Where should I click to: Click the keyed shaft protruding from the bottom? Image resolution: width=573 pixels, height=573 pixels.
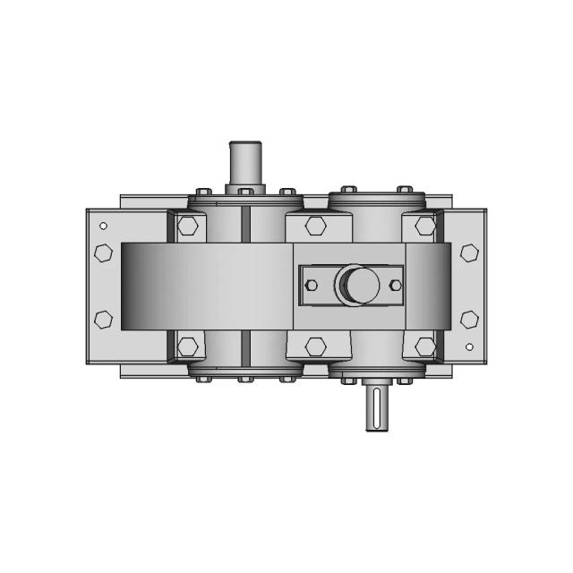[x=377, y=407]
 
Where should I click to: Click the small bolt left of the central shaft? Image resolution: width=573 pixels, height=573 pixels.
[x=312, y=286]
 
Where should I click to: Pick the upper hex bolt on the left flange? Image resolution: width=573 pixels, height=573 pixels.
[x=103, y=253]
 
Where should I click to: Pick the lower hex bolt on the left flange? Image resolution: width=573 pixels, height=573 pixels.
[x=103, y=318]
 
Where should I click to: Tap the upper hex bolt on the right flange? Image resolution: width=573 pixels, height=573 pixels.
[x=468, y=253]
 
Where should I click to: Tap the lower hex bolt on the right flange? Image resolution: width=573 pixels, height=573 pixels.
[x=468, y=318]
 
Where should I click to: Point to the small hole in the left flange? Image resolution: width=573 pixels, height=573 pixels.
[x=103, y=226]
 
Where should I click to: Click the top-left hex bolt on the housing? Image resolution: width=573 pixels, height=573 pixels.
[x=188, y=226]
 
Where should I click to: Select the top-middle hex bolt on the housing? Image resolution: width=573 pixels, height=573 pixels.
[x=314, y=226]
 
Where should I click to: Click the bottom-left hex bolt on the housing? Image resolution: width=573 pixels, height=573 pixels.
[x=188, y=346]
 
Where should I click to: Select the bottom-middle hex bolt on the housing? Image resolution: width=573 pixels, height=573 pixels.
[x=314, y=346]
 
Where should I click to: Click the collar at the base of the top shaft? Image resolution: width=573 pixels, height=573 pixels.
[x=245, y=189]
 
